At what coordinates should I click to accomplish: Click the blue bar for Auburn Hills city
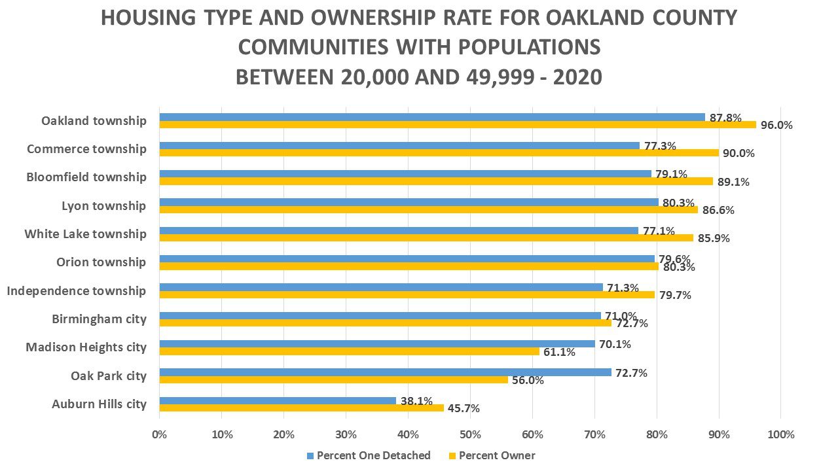(x=278, y=400)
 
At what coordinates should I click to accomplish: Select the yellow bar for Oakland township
(x=458, y=125)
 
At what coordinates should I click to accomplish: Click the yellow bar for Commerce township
(x=439, y=153)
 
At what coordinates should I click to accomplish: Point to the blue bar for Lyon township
(x=409, y=202)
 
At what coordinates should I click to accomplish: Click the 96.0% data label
(x=776, y=125)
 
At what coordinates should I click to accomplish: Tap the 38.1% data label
(x=416, y=401)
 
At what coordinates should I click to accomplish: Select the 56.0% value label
(x=528, y=380)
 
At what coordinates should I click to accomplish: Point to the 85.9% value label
(x=713, y=239)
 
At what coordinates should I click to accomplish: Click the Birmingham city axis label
(x=99, y=319)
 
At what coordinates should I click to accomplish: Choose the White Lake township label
(x=85, y=234)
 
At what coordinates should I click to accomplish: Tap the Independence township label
(x=77, y=290)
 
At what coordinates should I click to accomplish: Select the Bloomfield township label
(x=86, y=177)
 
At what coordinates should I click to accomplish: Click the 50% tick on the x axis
(x=470, y=435)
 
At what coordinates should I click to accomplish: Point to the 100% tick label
(x=780, y=435)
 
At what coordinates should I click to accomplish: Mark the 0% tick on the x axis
(x=159, y=435)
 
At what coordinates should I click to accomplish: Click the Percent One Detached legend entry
(x=373, y=456)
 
